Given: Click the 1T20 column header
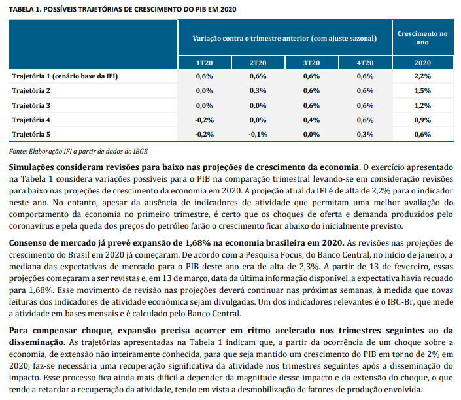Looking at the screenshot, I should (x=204, y=63).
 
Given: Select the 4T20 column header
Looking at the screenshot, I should (x=365, y=63).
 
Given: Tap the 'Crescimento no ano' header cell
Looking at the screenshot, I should (x=422, y=37).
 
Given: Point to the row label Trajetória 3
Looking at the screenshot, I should (x=31, y=105).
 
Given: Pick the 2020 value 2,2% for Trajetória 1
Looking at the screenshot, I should (x=422, y=76).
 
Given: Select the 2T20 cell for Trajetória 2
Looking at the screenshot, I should (x=258, y=91).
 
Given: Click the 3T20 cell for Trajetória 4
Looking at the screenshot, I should (x=311, y=120).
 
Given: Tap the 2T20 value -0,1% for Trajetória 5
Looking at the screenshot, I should (x=258, y=134).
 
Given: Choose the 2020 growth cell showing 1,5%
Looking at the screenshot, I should (x=422, y=91).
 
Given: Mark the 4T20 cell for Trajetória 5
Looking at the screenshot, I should (x=365, y=134).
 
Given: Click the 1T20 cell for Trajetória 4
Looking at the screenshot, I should (x=204, y=120).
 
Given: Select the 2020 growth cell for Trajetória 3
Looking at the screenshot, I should (x=422, y=105).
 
